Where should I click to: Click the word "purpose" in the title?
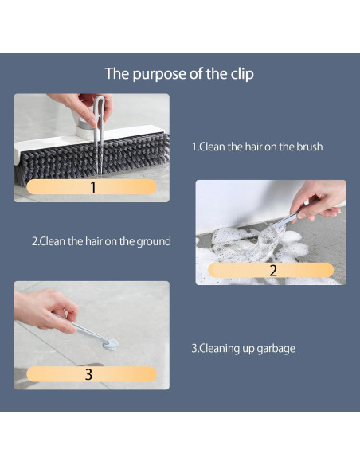tap(159, 74)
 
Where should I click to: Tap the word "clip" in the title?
tap(242, 74)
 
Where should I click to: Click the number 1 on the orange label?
tap(93, 187)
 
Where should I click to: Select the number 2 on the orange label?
tap(273, 270)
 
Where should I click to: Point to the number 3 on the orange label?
tap(88, 374)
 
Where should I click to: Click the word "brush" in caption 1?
tap(310, 147)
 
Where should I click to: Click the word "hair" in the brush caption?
tap(253, 147)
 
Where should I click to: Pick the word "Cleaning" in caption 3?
tap(220, 349)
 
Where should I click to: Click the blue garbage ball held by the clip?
tap(111, 345)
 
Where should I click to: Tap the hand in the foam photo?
tap(317, 201)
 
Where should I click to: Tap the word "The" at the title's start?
tap(117, 73)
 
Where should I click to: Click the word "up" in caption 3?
tap(248, 350)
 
